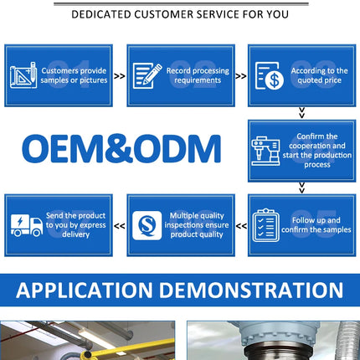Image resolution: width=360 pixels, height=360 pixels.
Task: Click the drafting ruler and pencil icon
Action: (x=23, y=75)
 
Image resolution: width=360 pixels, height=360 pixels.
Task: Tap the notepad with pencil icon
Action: (x=147, y=75)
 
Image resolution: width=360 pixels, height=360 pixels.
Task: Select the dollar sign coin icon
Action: (x=270, y=76)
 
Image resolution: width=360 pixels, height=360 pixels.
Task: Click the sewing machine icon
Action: (x=265, y=151)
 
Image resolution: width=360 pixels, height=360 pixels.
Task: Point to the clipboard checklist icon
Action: (x=265, y=225)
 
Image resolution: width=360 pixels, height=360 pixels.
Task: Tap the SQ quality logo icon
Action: (x=147, y=225)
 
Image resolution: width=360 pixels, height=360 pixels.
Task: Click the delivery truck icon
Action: (x=27, y=225)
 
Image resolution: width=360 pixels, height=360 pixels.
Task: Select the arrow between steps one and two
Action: (x=120, y=76)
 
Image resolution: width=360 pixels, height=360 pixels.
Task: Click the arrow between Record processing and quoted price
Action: (x=241, y=76)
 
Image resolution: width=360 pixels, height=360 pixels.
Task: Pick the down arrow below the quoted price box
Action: (x=301, y=113)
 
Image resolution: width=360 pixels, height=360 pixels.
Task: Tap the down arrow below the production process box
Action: (x=301, y=188)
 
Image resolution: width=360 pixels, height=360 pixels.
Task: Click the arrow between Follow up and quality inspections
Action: (x=241, y=226)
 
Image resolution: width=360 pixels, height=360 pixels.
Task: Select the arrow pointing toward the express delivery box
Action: (x=120, y=226)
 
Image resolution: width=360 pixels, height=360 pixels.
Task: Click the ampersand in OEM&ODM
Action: (x=120, y=148)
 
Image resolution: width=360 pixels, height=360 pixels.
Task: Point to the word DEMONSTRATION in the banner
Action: (x=251, y=291)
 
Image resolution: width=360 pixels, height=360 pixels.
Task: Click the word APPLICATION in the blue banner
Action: (x=85, y=291)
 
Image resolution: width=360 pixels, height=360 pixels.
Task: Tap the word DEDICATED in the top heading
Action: (x=101, y=14)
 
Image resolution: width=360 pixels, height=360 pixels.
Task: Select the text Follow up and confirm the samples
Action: (x=316, y=225)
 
